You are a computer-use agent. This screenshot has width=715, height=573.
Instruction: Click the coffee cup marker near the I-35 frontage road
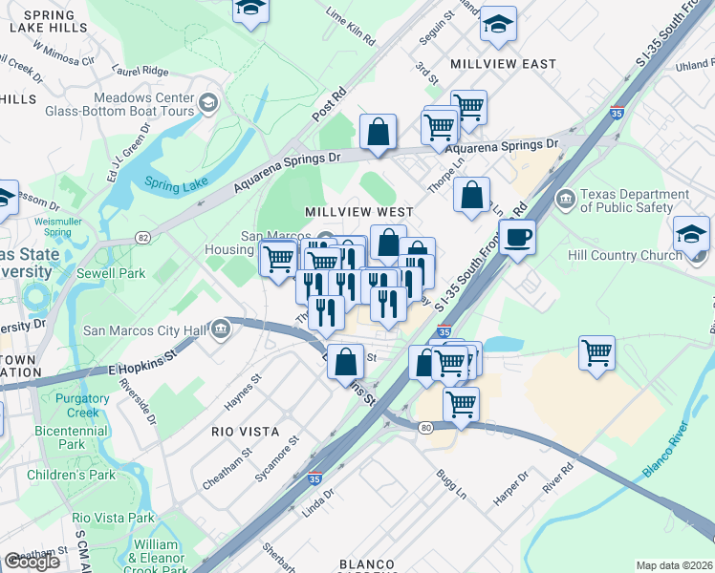point(517,236)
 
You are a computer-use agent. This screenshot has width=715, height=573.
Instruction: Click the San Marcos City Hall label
point(144,331)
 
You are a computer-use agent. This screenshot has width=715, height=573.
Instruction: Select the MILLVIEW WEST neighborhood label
point(358,212)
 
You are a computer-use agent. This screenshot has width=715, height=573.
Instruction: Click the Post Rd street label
point(328,107)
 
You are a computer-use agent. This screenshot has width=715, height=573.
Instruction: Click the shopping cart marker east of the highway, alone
point(596,351)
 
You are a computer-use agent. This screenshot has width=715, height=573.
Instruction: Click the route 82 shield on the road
point(143,236)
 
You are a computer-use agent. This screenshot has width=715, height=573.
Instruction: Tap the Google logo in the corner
point(32,562)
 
